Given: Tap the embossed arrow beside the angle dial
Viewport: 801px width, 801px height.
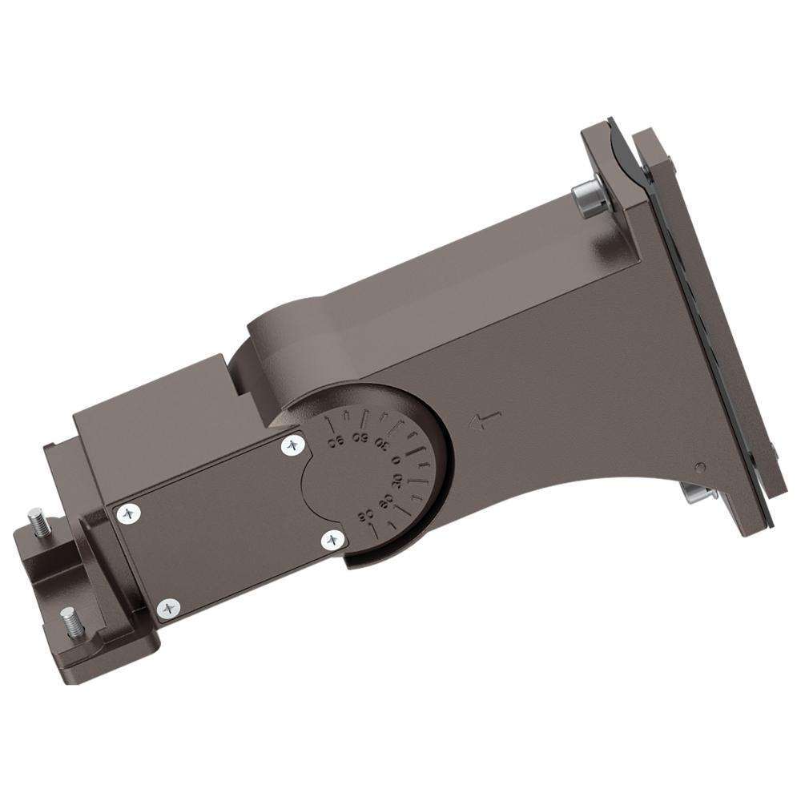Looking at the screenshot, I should click(485, 420).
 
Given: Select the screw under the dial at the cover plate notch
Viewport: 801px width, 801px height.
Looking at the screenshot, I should click(332, 541).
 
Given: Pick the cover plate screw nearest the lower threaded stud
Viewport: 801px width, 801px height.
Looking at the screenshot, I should click(167, 609).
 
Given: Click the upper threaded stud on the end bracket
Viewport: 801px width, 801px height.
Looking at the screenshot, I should click(38, 521).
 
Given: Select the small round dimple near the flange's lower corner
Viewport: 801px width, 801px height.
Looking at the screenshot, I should click(700, 467).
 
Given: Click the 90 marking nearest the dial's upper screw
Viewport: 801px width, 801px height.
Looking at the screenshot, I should click(336, 441).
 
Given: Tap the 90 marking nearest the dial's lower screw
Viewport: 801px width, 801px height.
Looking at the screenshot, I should click(368, 515).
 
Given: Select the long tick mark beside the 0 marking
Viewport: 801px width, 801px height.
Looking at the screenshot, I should click(418, 453).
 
